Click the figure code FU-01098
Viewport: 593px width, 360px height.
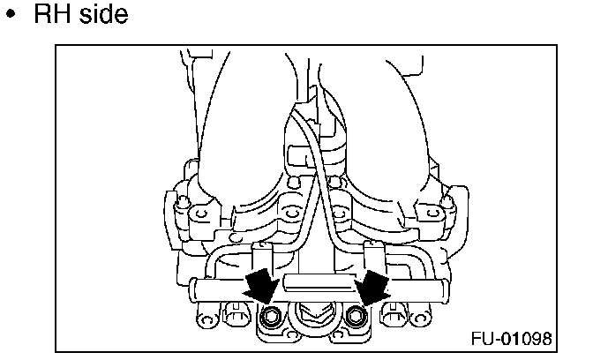tap(512, 338)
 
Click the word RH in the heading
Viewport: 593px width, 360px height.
tap(54, 15)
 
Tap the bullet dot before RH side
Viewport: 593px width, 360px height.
tap(12, 17)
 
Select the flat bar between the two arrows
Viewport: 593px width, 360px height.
tap(313, 283)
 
